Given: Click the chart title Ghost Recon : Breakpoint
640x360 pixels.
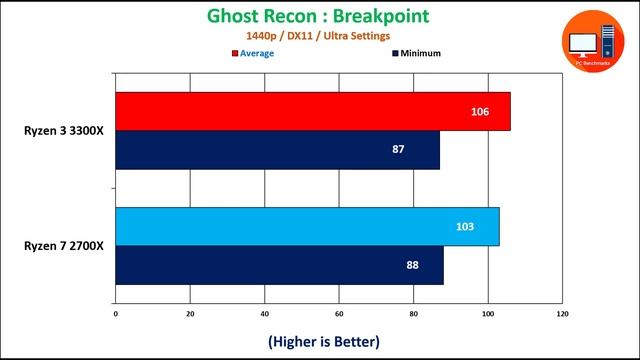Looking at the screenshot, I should click(318, 16).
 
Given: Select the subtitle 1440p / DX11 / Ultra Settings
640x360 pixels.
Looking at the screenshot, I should click(318, 36).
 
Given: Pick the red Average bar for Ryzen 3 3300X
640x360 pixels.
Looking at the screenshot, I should click(312, 111).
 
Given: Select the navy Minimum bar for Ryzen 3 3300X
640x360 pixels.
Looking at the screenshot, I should click(277, 149).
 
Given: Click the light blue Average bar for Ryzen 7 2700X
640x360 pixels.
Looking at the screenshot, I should click(307, 226).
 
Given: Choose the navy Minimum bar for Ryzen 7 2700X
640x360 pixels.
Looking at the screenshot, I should click(279, 265).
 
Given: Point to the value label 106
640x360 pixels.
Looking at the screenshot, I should click(480, 111).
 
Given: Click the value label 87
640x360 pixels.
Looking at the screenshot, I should click(398, 149).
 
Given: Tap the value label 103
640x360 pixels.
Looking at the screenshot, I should click(465, 226).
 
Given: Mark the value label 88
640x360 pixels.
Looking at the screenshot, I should click(412, 265).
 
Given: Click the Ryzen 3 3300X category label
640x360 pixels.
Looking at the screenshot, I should click(65, 130).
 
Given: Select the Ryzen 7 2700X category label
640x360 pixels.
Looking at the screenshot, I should click(65, 246).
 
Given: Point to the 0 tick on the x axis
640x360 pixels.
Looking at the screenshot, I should click(116, 315).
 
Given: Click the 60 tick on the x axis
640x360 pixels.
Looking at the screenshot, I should click(339, 315).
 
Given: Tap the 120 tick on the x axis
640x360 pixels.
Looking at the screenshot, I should click(562, 315).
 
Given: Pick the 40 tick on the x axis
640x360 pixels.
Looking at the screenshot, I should click(265, 315).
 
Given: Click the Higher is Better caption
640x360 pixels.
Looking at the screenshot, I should click(324, 341).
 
